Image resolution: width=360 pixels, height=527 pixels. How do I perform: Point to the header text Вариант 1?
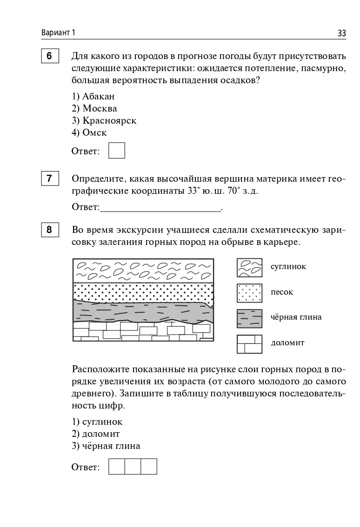pos(58,33)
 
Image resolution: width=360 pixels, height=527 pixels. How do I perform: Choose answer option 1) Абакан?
pos(93,97)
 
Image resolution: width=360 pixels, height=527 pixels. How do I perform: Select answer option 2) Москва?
pos(94,109)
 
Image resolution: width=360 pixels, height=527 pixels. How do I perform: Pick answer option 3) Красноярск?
pos(104,121)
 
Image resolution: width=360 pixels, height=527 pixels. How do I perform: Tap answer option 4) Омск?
pos(89,133)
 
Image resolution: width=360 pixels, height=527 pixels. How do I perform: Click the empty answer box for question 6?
pos(117,151)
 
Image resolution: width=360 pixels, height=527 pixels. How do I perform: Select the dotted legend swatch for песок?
pos(250,293)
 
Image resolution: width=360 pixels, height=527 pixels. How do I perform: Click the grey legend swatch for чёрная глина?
pos(250,318)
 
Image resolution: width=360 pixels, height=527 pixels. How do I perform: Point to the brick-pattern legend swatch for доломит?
pos(250,343)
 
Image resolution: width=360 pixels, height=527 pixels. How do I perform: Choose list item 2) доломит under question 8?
pos(96,434)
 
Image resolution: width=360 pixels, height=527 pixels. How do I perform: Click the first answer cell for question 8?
pos(117,467)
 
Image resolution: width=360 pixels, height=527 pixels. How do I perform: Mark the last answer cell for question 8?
pos(149,467)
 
